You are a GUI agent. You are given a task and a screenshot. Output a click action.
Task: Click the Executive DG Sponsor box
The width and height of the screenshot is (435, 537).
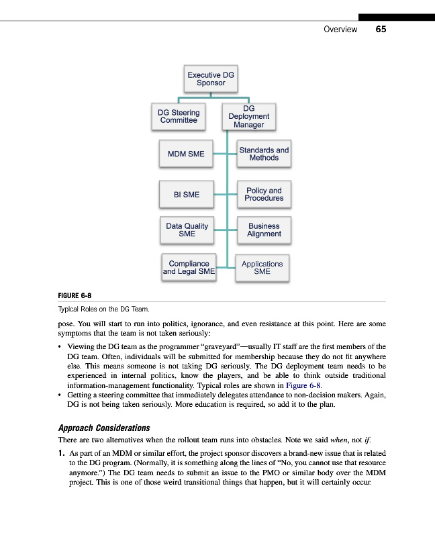pyautogui.click(x=211, y=79)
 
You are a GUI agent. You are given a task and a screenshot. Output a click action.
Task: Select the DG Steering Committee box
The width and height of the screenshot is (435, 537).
pyautogui.click(x=179, y=117)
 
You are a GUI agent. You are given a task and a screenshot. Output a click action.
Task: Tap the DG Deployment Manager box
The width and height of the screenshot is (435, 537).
pyautogui.click(x=248, y=116)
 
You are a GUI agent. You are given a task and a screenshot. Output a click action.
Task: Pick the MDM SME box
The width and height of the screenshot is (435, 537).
pyautogui.click(x=186, y=154)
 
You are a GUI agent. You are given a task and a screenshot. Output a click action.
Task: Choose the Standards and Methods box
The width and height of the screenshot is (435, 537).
pyautogui.click(x=264, y=154)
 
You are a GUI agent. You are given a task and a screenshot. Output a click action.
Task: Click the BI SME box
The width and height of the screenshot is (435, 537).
pyautogui.click(x=186, y=195)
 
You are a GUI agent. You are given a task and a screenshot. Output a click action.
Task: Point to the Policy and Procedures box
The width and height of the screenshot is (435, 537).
pyautogui.click(x=264, y=195)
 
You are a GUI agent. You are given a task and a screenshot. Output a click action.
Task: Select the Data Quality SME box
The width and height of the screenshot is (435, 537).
pyautogui.click(x=187, y=230)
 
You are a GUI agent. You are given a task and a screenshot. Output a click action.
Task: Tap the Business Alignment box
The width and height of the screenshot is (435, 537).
pyautogui.click(x=264, y=230)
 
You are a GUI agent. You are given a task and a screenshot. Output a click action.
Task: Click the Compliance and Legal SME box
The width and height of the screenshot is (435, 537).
pyautogui.click(x=189, y=268)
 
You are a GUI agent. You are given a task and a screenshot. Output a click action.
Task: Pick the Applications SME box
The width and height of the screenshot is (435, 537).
pyautogui.click(x=262, y=268)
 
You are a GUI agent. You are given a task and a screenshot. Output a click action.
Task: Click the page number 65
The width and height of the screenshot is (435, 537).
pyautogui.click(x=381, y=30)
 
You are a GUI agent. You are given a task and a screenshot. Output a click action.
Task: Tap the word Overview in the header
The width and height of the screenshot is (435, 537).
pyautogui.click(x=340, y=30)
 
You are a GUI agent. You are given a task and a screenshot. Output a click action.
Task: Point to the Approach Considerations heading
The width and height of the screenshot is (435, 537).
pyautogui.click(x=104, y=428)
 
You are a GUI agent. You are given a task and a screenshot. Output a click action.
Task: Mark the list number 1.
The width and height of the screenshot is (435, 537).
pyautogui.click(x=62, y=453)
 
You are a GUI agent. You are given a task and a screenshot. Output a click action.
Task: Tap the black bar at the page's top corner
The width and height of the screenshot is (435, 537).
pyautogui.click(x=396, y=17)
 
